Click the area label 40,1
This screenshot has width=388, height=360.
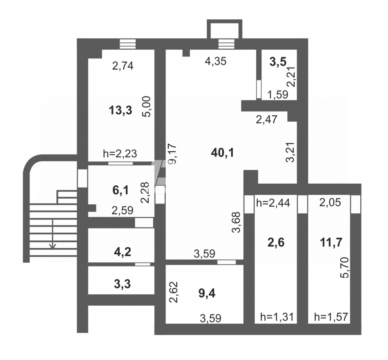(222, 153)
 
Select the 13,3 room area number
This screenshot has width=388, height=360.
(121, 110)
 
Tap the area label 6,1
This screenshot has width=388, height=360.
(121, 190)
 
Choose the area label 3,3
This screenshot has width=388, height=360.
(123, 284)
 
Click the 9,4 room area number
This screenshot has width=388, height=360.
(207, 293)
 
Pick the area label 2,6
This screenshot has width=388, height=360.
(276, 243)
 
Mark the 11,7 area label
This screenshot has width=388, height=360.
(331, 243)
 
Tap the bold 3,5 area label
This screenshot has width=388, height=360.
(278, 62)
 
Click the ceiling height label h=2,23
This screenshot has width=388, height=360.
(120, 154)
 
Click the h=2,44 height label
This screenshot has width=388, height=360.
(273, 203)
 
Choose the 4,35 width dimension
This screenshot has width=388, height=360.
(215, 61)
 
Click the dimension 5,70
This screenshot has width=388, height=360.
(344, 268)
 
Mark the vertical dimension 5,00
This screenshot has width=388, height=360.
(146, 107)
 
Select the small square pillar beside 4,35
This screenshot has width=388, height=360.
(186, 53)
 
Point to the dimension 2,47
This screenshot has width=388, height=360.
(266, 120)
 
